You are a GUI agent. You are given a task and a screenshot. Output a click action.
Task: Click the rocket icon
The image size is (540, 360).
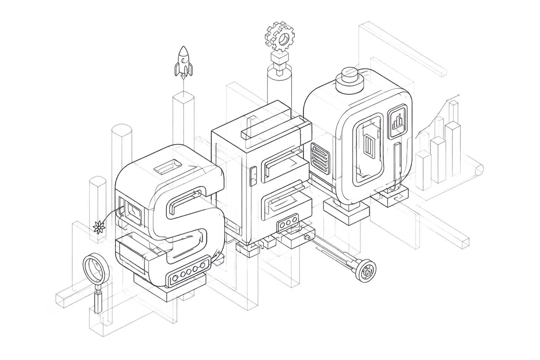(184, 62)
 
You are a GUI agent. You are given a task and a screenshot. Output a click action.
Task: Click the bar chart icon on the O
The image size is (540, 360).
(397, 122)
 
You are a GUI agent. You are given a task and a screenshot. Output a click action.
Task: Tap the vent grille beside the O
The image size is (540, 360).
(320, 158)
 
